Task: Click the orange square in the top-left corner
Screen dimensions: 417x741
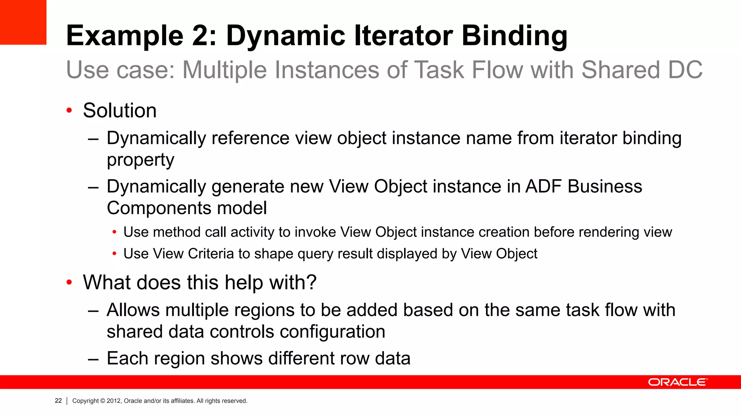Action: click(23, 22)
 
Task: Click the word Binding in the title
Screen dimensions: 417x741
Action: click(515, 36)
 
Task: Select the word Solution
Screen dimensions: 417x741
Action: click(120, 110)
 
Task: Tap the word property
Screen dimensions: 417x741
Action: click(140, 160)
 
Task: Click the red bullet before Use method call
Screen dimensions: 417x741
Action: click(114, 232)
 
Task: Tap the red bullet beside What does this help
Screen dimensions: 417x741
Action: click(69, 282)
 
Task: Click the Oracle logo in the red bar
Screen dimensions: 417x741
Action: click(678, 382)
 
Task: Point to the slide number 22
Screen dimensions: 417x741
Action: click(58, 401)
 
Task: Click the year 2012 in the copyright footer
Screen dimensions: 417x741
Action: click(114, 401)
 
